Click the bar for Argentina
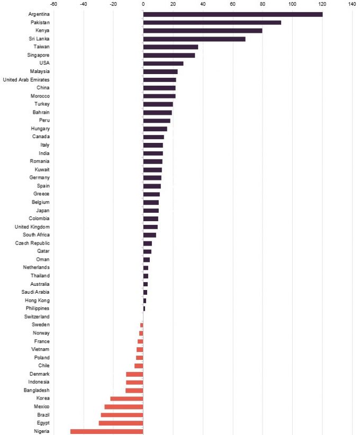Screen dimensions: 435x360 [233, 14]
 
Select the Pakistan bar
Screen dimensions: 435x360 [212, 22]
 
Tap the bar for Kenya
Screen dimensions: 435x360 [203, 31]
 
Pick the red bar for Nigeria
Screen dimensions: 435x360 [106, 431]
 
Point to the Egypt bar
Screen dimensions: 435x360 [121, 423]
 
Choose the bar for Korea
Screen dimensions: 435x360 [127, 398]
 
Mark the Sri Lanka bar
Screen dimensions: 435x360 [194, 39]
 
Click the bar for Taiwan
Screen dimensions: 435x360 [170, 47]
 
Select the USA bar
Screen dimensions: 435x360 [163, 64]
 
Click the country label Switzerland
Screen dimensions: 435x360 [37, 316]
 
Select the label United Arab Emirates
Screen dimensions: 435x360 [26, 80]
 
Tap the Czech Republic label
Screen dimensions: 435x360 [33, 243]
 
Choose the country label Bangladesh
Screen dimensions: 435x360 [35, 390]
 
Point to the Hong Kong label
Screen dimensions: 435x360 [37, 300]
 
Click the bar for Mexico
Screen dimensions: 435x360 [123, 407]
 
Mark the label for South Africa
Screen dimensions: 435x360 [36, 235]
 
